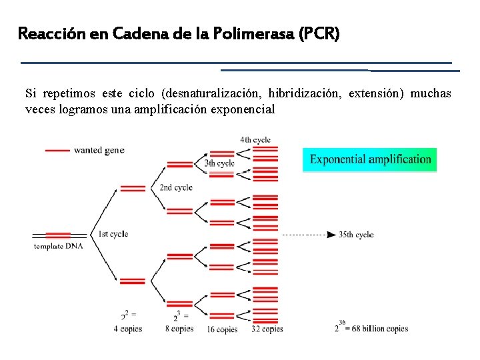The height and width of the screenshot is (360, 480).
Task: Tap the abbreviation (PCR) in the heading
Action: (320, 33)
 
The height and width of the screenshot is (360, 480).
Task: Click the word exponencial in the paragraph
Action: (243, 109)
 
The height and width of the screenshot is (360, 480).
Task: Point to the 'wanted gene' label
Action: (99, 151)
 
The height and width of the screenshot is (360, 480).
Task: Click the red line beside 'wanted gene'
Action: (57, 151)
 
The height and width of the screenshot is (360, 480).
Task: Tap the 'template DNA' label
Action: (58, 247)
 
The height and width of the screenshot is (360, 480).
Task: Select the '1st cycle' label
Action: (113, 234)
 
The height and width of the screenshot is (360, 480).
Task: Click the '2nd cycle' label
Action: (176, 187)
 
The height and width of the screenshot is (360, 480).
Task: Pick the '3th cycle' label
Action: (219, 163)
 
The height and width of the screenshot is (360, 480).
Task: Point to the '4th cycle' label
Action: (255, 140)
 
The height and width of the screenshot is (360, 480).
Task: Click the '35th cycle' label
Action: (356, 235)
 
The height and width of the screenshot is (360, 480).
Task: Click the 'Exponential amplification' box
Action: (370, 159)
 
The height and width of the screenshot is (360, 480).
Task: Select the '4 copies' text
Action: (129, 329)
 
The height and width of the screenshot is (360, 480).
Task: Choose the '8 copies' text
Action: (179, 329)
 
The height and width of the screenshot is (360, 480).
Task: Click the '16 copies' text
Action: (222, 329)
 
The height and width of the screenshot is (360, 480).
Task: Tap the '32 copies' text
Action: (267, 329)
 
